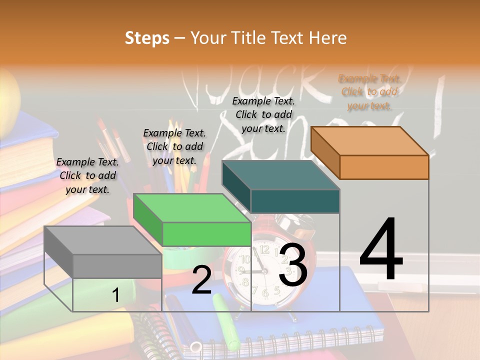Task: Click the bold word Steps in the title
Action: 147,38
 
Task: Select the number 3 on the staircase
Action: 292,265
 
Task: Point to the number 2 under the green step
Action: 201,280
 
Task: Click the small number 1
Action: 115,295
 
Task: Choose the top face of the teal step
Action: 281,175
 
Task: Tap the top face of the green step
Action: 192,208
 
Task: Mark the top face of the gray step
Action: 103,240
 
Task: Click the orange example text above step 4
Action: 369,92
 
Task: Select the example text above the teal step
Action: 263,114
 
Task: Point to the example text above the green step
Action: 174,146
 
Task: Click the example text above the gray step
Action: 87,175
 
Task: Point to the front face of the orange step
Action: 384,167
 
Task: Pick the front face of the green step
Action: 206,234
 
